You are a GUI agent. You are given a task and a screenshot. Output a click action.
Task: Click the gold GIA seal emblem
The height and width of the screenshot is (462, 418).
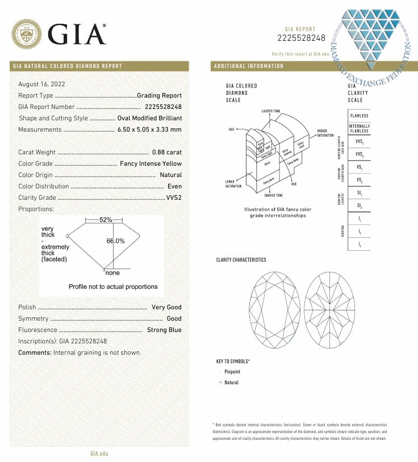[x=26, y=35]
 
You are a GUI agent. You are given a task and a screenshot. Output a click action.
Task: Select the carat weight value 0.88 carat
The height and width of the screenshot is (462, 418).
[x=167, y=152]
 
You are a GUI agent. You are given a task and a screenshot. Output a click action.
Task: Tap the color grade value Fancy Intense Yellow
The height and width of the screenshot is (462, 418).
[x=151, y=163]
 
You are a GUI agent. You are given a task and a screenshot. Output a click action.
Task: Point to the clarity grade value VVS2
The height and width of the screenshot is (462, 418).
[x=174, y=198]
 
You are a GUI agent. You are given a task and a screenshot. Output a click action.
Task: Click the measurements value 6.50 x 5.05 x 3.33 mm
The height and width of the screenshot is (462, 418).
[x=150, y=129]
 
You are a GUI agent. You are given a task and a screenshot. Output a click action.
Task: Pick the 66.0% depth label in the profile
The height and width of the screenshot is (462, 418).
[x=115, y=241]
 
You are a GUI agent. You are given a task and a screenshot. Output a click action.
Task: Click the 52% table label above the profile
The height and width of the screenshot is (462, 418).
[x=106, y=220]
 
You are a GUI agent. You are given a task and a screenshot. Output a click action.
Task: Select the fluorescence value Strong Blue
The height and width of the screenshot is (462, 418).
[x=164, y=330]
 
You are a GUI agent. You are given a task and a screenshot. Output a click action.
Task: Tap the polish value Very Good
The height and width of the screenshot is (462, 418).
[x=166, y=307]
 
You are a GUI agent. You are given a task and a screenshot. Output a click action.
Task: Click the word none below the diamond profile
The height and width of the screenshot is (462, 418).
[x=113, y=273]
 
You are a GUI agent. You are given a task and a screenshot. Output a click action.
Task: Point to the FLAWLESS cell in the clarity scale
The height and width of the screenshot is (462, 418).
[x=359, y=116]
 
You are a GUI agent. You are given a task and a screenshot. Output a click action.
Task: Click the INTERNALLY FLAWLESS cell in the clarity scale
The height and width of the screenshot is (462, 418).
[x=359, y=128]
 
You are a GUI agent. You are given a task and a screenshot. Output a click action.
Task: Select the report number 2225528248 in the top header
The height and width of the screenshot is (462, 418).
[x=301, y=38]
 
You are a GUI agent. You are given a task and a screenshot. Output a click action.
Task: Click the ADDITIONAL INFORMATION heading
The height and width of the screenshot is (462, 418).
[x=249, y=66]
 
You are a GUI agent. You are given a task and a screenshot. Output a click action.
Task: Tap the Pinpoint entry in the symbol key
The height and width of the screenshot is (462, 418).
[x=232, y=372]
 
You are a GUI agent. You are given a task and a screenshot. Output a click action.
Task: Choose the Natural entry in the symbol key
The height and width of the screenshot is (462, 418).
[x=231, y=383]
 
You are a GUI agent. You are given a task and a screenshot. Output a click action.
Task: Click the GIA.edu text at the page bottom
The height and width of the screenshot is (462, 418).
[x=99, y=453]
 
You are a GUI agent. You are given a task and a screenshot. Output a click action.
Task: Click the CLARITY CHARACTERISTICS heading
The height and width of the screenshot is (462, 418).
[x=241, y=260]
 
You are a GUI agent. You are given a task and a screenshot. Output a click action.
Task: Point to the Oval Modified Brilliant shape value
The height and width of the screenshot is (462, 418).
[x=149, y=118]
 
